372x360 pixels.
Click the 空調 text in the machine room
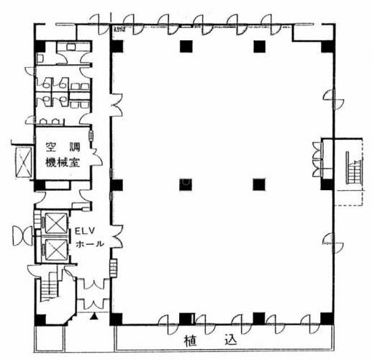click(63, 147)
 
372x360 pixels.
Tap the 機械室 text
click(63, 163)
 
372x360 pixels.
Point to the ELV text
click(85, 231)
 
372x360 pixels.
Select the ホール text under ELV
click(90, 244)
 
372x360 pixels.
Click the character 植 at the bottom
click(191, 341)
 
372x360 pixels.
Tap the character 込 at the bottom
click(231, 340)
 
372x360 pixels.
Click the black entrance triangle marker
click(94, 317)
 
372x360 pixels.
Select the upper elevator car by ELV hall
click(56, 223)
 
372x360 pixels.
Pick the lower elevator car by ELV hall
click(56, 250)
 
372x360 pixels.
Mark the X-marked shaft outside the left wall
click(24, 162)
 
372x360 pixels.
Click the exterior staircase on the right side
click(354, 168)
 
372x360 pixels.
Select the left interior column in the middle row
click(186, 184)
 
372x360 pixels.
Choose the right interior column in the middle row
click(259, 184)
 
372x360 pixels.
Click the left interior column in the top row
click(186, 47)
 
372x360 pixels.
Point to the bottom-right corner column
click(327, 318)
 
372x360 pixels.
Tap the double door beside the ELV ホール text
click(117, 236)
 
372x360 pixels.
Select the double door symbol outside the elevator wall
click(22, 235)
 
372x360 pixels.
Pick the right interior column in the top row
click(260, 47)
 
